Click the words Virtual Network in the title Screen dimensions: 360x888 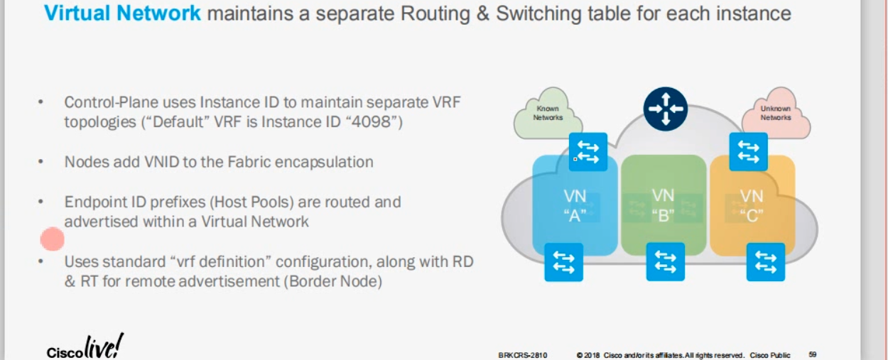[123, 13]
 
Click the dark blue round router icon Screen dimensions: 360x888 [665, 109]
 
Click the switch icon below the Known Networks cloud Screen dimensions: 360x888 [588, 152]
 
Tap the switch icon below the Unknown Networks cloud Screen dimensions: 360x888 [748, 152]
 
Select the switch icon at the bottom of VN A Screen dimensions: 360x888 [564, 262]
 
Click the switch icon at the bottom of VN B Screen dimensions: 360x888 [666, 262]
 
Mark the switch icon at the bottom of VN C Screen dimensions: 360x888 [765, 262]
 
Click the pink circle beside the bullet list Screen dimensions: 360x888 [53, 239]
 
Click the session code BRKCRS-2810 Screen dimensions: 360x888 [523, 354]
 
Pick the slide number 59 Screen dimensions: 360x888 [812, 354]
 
